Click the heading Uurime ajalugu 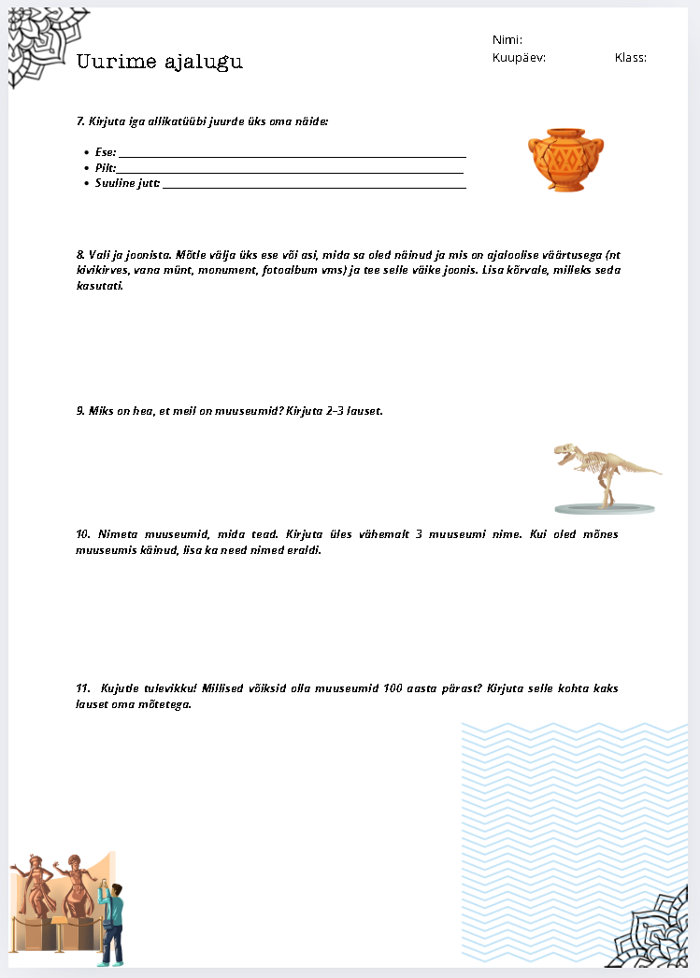pos(159,63)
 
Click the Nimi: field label pos(507,40)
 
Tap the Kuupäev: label pos(519,58)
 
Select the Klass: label pos(631,58)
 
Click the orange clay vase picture pos(565,160)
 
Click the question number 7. pos(79,121)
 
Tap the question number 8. pos(79,255)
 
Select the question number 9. pos(79,411)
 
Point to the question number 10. pos(82,535)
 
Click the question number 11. pos(82,688)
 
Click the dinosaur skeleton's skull pos(564,453)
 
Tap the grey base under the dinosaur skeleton pos(598,507)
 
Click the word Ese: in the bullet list pos(105,152)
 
